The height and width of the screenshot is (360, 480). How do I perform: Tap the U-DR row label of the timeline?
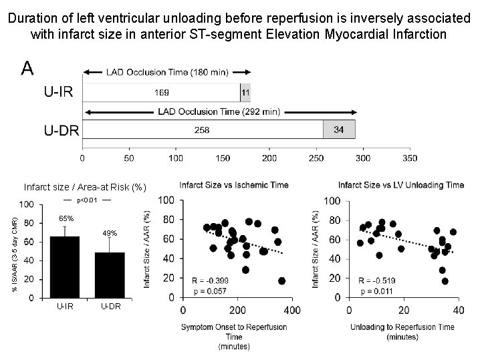pyautogui.click(x=62, y=130)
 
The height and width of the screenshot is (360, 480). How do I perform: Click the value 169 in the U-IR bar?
pyautogui.click(x=161, y=92)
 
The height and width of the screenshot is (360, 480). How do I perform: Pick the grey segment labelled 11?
pyautogui.click(x=245, y=92)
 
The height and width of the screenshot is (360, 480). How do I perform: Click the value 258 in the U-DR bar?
pyautogui.click(x=203, y=130)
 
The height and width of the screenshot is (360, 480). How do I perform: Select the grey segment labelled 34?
pyautogui.click(x=339, y=130)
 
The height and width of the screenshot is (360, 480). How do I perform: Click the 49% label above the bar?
pyautogui.click(x=110, y=233)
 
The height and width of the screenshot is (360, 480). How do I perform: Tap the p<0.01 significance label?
pyautogui.click(x=88, y=200)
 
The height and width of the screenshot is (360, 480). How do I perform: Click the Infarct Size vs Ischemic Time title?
pyautogui.click(x=233, y=185)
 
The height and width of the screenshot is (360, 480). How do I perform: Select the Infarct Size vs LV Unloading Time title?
pyautogui.click(x=400, y=185)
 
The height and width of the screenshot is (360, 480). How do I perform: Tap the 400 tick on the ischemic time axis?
pyautogui.click(x=291, y=311)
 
